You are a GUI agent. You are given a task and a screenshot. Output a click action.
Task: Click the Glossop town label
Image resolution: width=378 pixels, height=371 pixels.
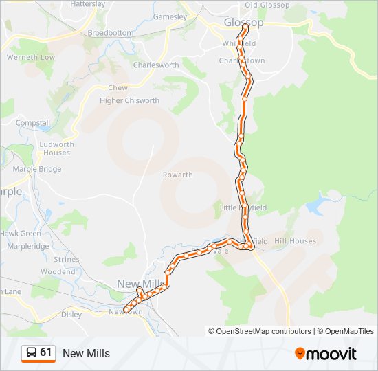[x=243, y=23]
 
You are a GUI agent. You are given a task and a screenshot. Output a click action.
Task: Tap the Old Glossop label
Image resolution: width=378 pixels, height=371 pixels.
[x=267, y=5]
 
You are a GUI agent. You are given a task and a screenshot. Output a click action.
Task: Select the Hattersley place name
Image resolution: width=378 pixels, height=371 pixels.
[x=88, y=3]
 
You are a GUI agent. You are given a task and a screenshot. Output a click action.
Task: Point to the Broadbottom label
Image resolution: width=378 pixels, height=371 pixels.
[x=110, y=32]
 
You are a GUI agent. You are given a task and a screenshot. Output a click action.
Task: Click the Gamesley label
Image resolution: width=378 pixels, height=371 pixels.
[x=170, y=16]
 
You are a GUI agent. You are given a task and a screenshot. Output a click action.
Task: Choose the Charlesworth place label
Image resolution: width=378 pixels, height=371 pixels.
[x=155, y=65]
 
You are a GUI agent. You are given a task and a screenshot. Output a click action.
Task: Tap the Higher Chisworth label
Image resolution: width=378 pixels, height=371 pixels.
[x=129, y=100]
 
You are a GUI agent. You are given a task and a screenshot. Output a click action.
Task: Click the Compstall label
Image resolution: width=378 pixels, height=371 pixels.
[x=33, y=123]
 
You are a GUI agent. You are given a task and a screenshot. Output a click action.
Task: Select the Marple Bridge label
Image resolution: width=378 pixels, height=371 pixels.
[x=36, y=169]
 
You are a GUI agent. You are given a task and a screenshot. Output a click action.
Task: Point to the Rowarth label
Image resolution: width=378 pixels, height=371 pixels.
[x=177, y=175]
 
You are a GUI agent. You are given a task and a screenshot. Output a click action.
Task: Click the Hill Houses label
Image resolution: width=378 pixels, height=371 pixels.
[x=295, y=241]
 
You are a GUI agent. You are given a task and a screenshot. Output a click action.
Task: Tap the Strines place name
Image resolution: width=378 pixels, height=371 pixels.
[x=67, y=260]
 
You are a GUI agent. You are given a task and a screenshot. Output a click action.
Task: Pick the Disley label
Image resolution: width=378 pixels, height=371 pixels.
[x=71, y=315]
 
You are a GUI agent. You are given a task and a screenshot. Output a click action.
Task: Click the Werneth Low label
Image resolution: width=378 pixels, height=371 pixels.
[x=30, y=57]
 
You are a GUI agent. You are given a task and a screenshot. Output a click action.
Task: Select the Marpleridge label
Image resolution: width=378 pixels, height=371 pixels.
[x=27, y=246]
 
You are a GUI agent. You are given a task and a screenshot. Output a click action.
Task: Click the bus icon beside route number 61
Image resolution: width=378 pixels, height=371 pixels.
[x=31, y=353]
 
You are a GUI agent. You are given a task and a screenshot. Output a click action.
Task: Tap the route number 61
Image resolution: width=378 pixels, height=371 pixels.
[x=46, y=352]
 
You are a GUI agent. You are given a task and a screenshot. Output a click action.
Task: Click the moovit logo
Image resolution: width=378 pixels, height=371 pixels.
[x=326, y=354]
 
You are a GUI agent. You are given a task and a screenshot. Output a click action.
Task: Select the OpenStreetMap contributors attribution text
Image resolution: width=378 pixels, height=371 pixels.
[x=259, y=331]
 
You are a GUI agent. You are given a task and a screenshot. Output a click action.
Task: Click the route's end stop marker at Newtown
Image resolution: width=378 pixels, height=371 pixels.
[x=126, y=310]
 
